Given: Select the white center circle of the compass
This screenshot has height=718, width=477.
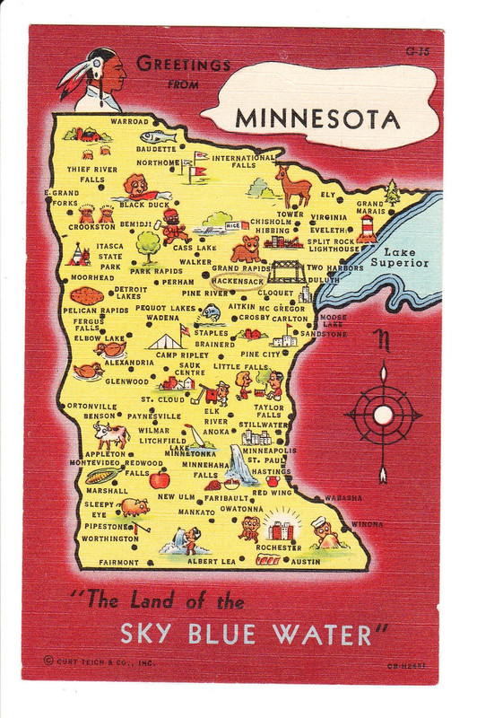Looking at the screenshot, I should [383, 416].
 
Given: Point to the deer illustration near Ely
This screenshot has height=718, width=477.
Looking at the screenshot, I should [294, 186].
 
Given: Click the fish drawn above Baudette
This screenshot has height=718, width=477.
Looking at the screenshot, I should [159, 137].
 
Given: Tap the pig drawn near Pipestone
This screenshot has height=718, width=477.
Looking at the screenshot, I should [134, 507].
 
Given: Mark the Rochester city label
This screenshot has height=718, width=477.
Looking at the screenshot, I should [278, 547].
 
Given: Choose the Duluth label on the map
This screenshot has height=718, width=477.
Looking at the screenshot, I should [324, 279].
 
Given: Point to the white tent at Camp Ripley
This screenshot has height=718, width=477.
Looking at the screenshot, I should [165, 342].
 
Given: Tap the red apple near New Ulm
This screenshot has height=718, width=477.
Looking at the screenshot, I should [160, 480].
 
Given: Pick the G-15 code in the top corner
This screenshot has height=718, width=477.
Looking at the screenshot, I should [417, 52].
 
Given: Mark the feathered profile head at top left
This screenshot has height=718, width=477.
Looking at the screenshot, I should [98, 79].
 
